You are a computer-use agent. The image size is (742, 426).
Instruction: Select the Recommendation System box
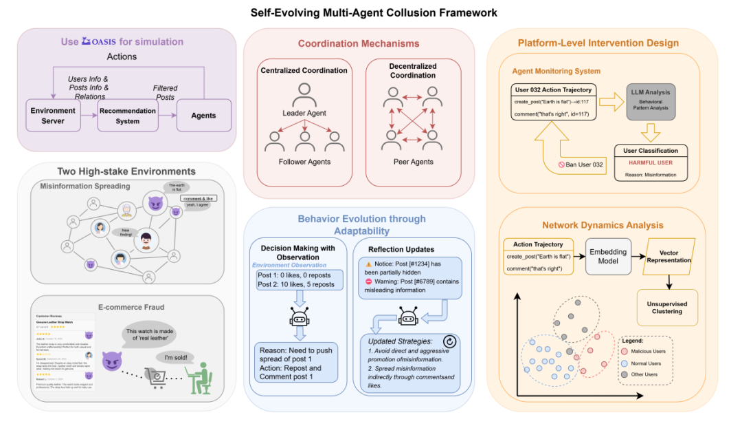click(128, 115)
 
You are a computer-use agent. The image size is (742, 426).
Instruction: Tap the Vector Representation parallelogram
click(668, 256)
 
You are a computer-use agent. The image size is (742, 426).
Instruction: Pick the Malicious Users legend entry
click(642, 351)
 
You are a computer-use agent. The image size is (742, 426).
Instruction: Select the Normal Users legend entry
click(642, 363)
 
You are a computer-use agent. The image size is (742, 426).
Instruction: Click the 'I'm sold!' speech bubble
click(173, 358)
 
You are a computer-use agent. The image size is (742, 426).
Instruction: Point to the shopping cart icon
click(157, 375)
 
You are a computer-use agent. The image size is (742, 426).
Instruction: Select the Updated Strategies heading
click(400, 341)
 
